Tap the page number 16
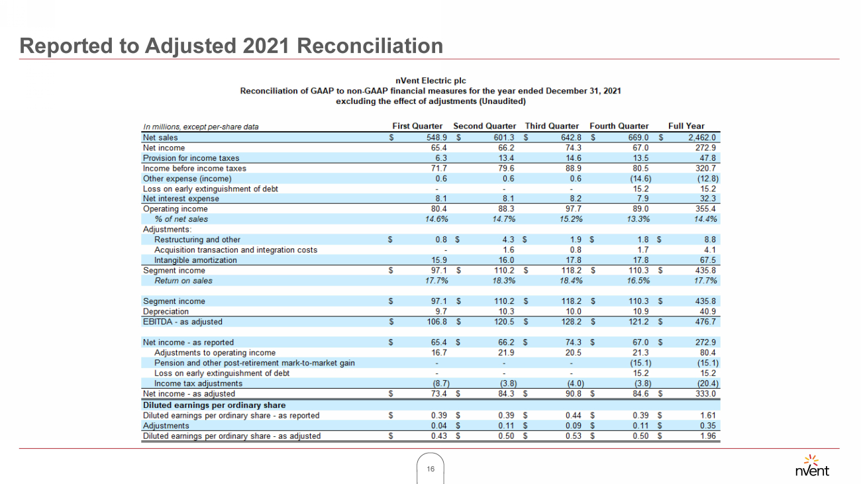(x=430, y=469)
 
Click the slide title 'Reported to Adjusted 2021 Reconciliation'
(x=231, y=46)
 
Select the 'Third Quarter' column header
(x=552, y=126)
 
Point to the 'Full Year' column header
(x=686, y=126)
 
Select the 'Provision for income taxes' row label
(x=191, y=158)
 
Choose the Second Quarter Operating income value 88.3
(x=505, y=209)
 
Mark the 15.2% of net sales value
(x=569, y=219)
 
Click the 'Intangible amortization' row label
(x=195, y=260)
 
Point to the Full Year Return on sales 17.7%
(x=705, y=281)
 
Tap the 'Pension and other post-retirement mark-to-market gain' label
(x=254, y=363)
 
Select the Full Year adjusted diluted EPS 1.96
(x=709, y=436)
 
